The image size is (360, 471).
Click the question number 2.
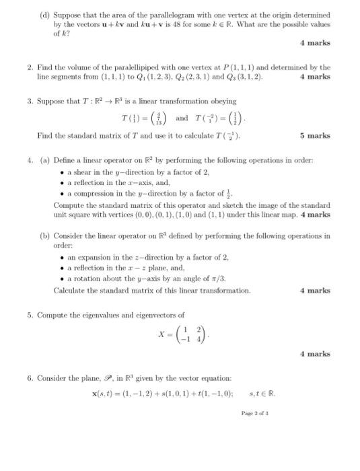click(30, 67)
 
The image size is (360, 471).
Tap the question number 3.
click(30, 102)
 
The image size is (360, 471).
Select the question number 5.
click(30, 314)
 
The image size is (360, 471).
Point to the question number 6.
click(30, 378)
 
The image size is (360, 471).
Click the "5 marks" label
click(315, 135)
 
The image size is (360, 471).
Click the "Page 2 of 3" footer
click(254, 413)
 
